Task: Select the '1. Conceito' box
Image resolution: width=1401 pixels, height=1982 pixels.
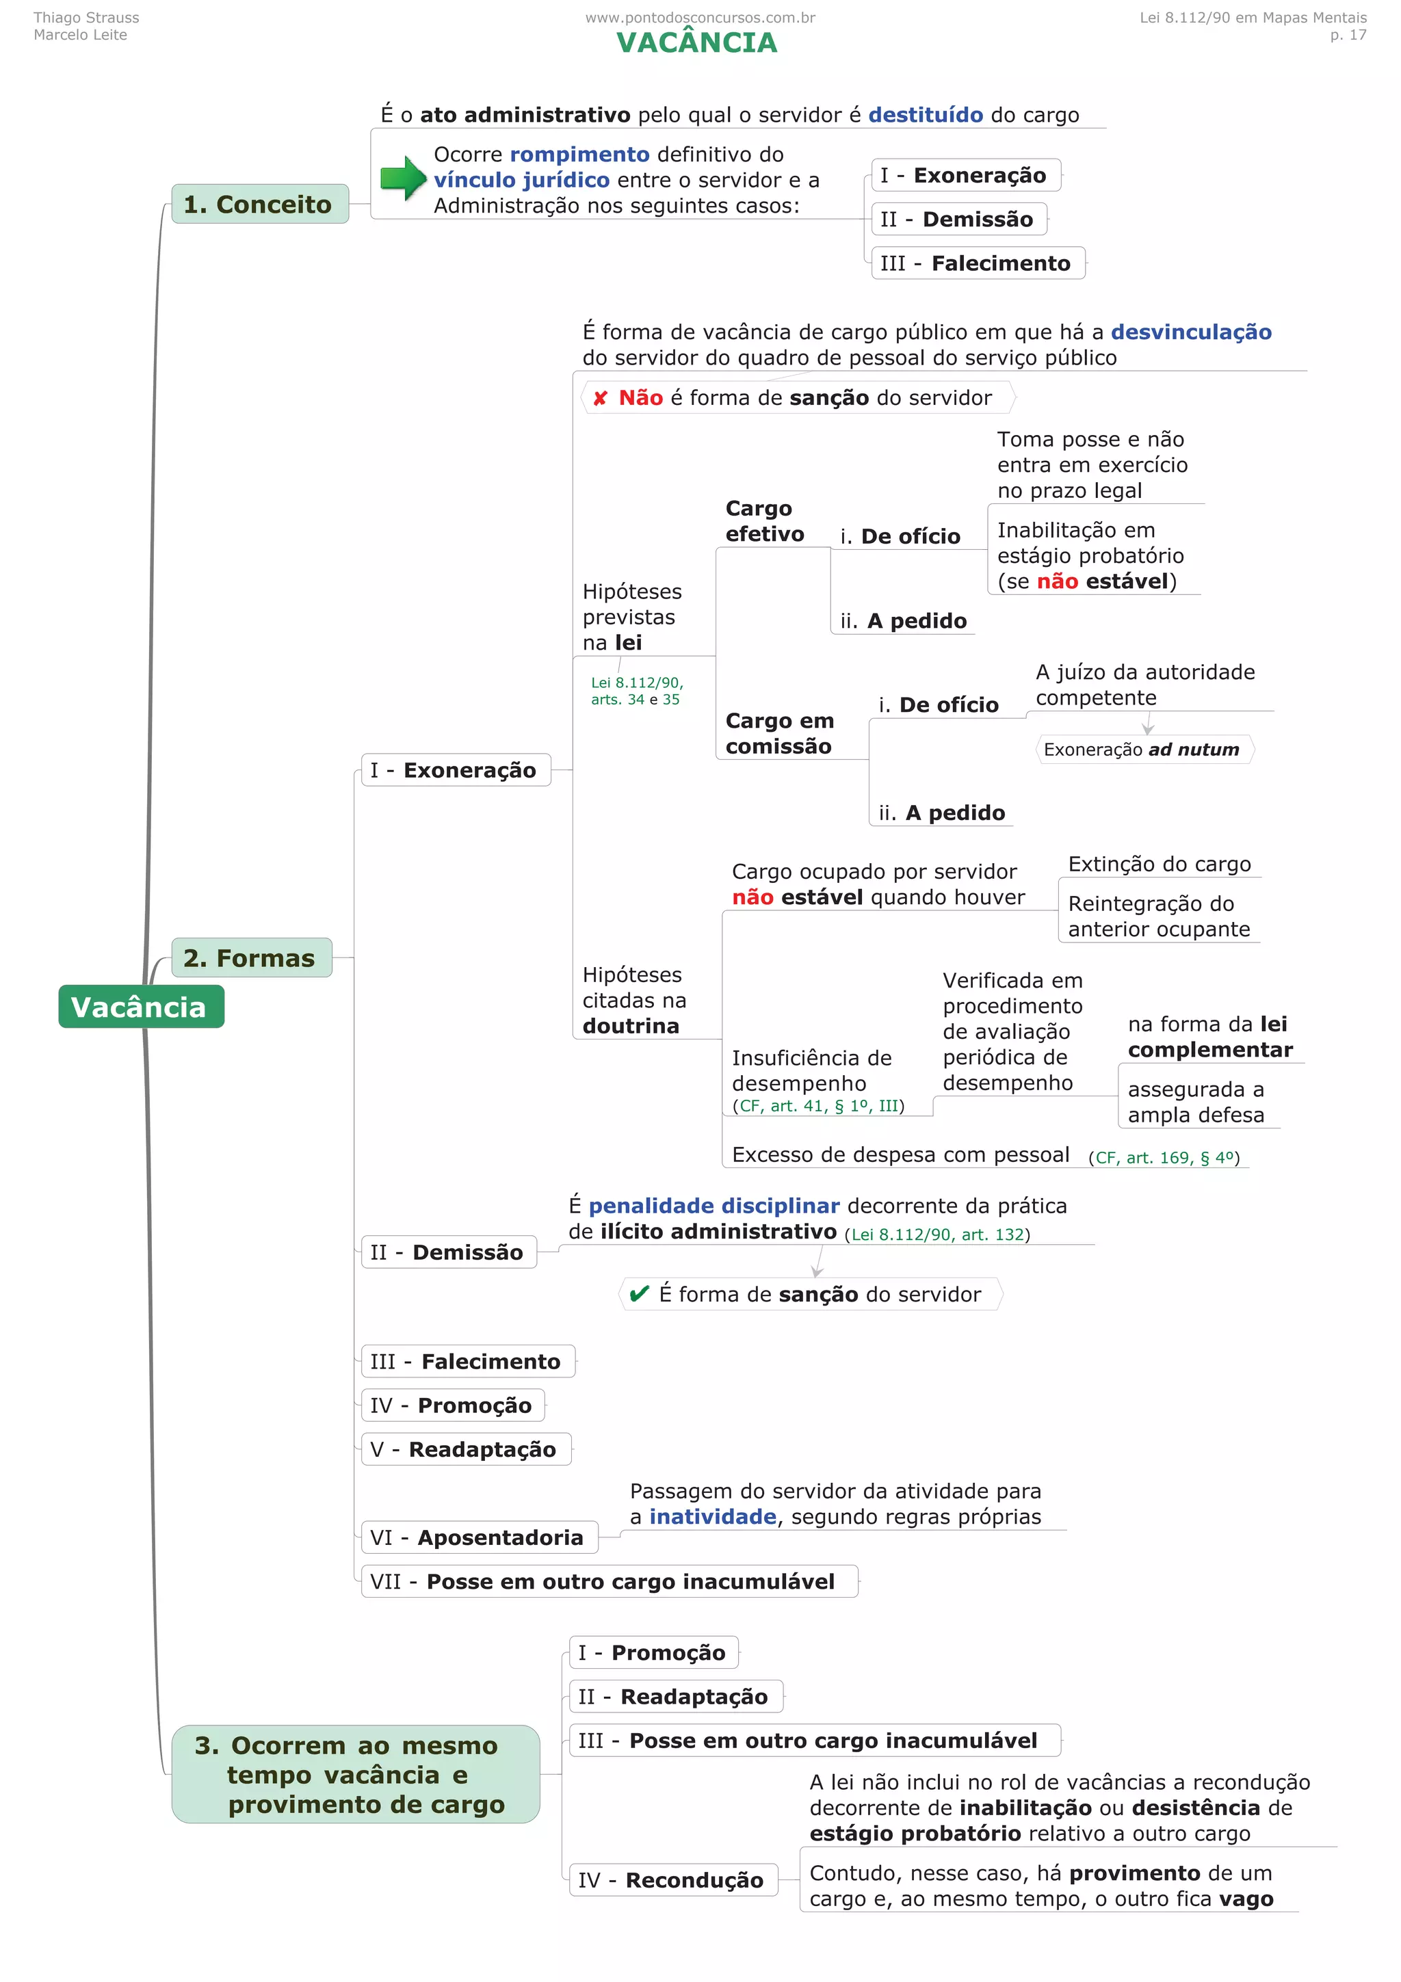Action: pyautogui.click(x=259, y=204)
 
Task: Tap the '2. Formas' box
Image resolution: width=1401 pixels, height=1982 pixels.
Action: pyautogui.click(x=250, y=957)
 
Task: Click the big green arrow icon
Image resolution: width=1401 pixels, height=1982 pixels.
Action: pyautogui.click(x=403, y=179)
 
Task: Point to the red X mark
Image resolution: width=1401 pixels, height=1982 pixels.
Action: pyautogui.click(x=600, y=398)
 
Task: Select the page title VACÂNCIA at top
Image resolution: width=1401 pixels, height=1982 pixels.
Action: pyautogui.click(x=696, y=43)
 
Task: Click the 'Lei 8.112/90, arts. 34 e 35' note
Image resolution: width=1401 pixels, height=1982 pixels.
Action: pyautogui.click(x=636, y=691)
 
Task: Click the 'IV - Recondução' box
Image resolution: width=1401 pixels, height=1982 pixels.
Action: pyautogui.click(x=672, y=1879)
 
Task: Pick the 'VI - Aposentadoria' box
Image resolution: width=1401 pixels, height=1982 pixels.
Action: pyautogui.click(x=478, y=1537)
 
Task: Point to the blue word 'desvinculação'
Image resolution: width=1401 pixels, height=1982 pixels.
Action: pyautogui.click(x=1190, y=332)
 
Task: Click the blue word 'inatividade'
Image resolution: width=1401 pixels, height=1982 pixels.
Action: pyautogui.click(x=712, y=1517)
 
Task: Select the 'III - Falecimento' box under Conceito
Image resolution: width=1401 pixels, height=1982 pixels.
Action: pyautogui.click(x=976, y=263)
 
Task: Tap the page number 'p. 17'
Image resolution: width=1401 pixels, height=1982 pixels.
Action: pyautogui.click(x=1348, y=36)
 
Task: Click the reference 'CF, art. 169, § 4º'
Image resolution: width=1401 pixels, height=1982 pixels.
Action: pyautogui.click(x=1164, y=1158)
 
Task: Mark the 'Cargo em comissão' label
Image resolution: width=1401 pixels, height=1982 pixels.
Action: pyautogui.click(x=779, y=733)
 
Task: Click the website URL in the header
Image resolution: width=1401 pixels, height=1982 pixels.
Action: pyautogui.click(x=699, y=17)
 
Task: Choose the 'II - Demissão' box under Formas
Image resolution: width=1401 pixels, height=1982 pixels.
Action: pyautogui.click(x=448, y=1252)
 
